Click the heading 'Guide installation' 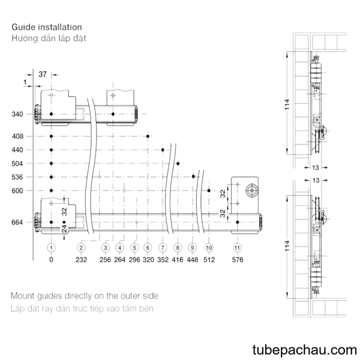47,27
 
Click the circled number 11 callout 237,248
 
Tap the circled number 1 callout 51,248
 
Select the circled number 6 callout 148,248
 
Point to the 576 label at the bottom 238,260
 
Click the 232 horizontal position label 81,260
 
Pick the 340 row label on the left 17,114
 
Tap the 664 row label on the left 17,222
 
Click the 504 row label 17,163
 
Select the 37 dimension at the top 43,74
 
